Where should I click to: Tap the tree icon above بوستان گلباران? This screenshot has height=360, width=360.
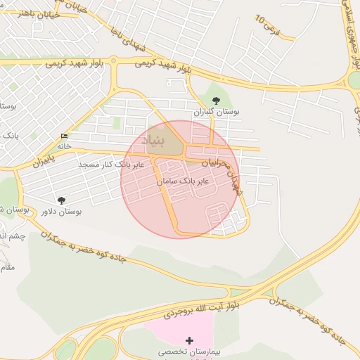click(215, 101)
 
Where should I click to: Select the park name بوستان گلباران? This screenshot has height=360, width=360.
click(217, 112)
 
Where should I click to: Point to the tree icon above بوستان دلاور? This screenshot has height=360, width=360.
click(61, 200)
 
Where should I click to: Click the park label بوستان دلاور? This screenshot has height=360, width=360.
click(61, 211)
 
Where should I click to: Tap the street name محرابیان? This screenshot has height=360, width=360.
click(216, 162)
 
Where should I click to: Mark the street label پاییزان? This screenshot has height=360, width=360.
click(42, 162)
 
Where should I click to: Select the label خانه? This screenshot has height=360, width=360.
click(65, 146)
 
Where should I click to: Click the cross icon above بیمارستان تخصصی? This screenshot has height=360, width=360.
click(188, 340)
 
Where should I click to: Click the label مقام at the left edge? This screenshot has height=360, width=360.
click(7, 267)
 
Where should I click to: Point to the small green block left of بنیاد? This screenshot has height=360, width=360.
click(116, 122)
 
